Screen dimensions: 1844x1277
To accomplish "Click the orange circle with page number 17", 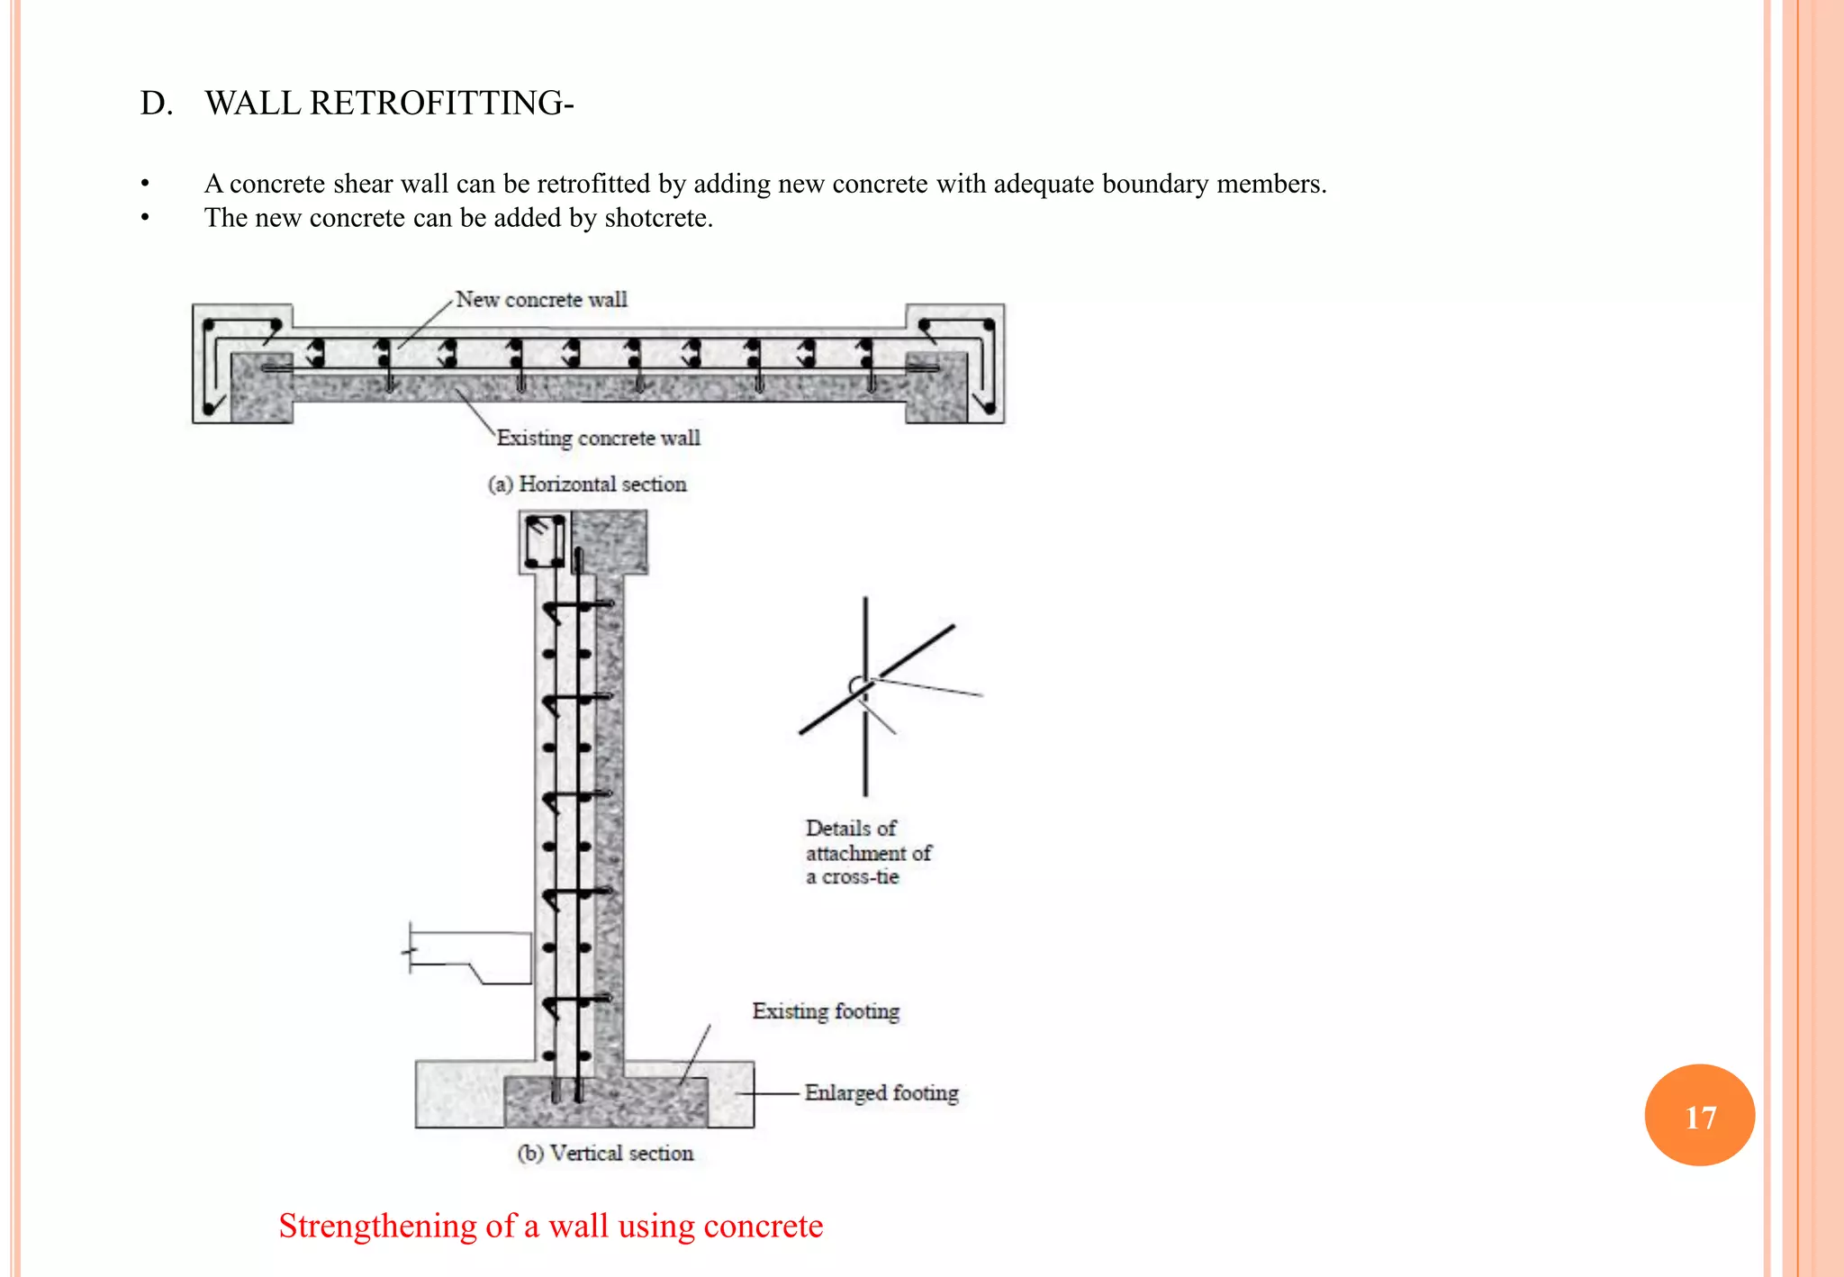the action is pyautogui.click(x=1699, y=1115).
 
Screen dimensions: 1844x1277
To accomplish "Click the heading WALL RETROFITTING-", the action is pyautogui.click(x=389, y=104).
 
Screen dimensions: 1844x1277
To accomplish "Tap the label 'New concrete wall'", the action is pyautogui.click(x=541, y=300).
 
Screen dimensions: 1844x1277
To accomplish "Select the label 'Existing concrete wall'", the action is pyautogui.click(x=598, y=439).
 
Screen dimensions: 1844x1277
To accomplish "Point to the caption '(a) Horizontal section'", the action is pyautogui.click(x=587, y=485).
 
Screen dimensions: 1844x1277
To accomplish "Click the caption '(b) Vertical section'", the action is pyautogui.click(x=605, y=1154).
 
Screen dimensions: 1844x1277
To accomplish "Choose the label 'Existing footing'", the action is pyautogui.click(x=826, y=1011).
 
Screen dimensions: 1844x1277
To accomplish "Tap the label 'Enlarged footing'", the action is pyautogui.click(x=881, y=1092).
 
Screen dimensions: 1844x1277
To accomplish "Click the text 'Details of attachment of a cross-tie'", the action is pyautogui.click(x=868, y=852).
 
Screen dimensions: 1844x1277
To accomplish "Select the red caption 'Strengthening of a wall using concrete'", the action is pyautogui.click(x=550, y=1226).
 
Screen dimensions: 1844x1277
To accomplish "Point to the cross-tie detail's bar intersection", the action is pyautogui.click(x=864, y=686).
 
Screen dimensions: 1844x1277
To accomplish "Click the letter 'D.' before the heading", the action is pyautogui.click(x=156, y=104).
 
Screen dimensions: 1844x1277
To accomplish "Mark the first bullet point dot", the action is pyautogui.click(x=145, y=185).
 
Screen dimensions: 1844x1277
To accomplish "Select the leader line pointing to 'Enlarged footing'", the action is pyautogui.click(x=770, y=1093).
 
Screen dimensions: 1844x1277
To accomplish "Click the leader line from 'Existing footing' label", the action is pyautogui.click(x=695, y=1053).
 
